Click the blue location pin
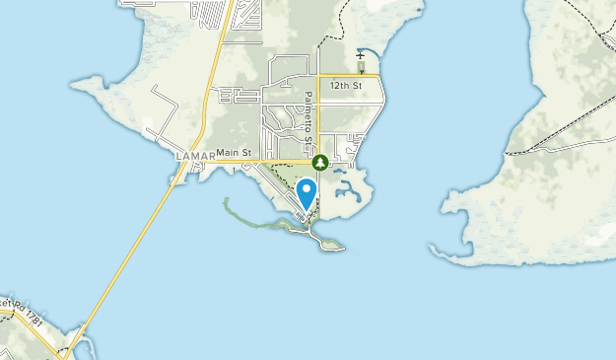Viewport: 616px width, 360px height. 307,191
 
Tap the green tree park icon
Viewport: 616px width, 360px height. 319,161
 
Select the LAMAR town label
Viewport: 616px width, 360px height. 192,157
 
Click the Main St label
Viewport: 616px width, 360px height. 235,152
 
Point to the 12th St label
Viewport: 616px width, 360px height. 348,86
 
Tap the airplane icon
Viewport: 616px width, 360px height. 361,55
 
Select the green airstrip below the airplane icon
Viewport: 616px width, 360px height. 361,66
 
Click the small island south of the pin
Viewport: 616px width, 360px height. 329,243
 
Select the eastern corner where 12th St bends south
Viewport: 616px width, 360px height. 380,76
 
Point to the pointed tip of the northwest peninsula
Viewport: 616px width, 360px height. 73,83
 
